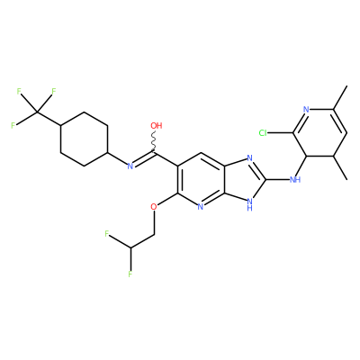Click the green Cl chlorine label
(x=263, y=133)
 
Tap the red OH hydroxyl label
(x=156, y=126)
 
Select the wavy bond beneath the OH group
(x=155, y=141)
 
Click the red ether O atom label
(x=154, y=207)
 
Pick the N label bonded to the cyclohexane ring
(x=130, y=166)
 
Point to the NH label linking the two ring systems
(x=295, y=180)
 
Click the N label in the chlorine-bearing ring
(x=306, y=110)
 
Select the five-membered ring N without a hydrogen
(x=249, y=158)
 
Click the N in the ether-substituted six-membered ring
(x=201, y=207)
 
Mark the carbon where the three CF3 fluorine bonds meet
(x=37, y=112)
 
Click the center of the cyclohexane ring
(x=85, y=139)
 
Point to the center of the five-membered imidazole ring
(x=244, y=180)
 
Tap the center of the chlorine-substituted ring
(x=319, y=132)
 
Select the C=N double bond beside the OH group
(x=143, y=159)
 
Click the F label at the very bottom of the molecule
(x=130, y=274)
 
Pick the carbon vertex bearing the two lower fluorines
(x=130, y=247)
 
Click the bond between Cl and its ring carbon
(x=280, y=133)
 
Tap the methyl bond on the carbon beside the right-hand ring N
(x=340, y=97)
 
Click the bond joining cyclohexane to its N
(x=117, y=158)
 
